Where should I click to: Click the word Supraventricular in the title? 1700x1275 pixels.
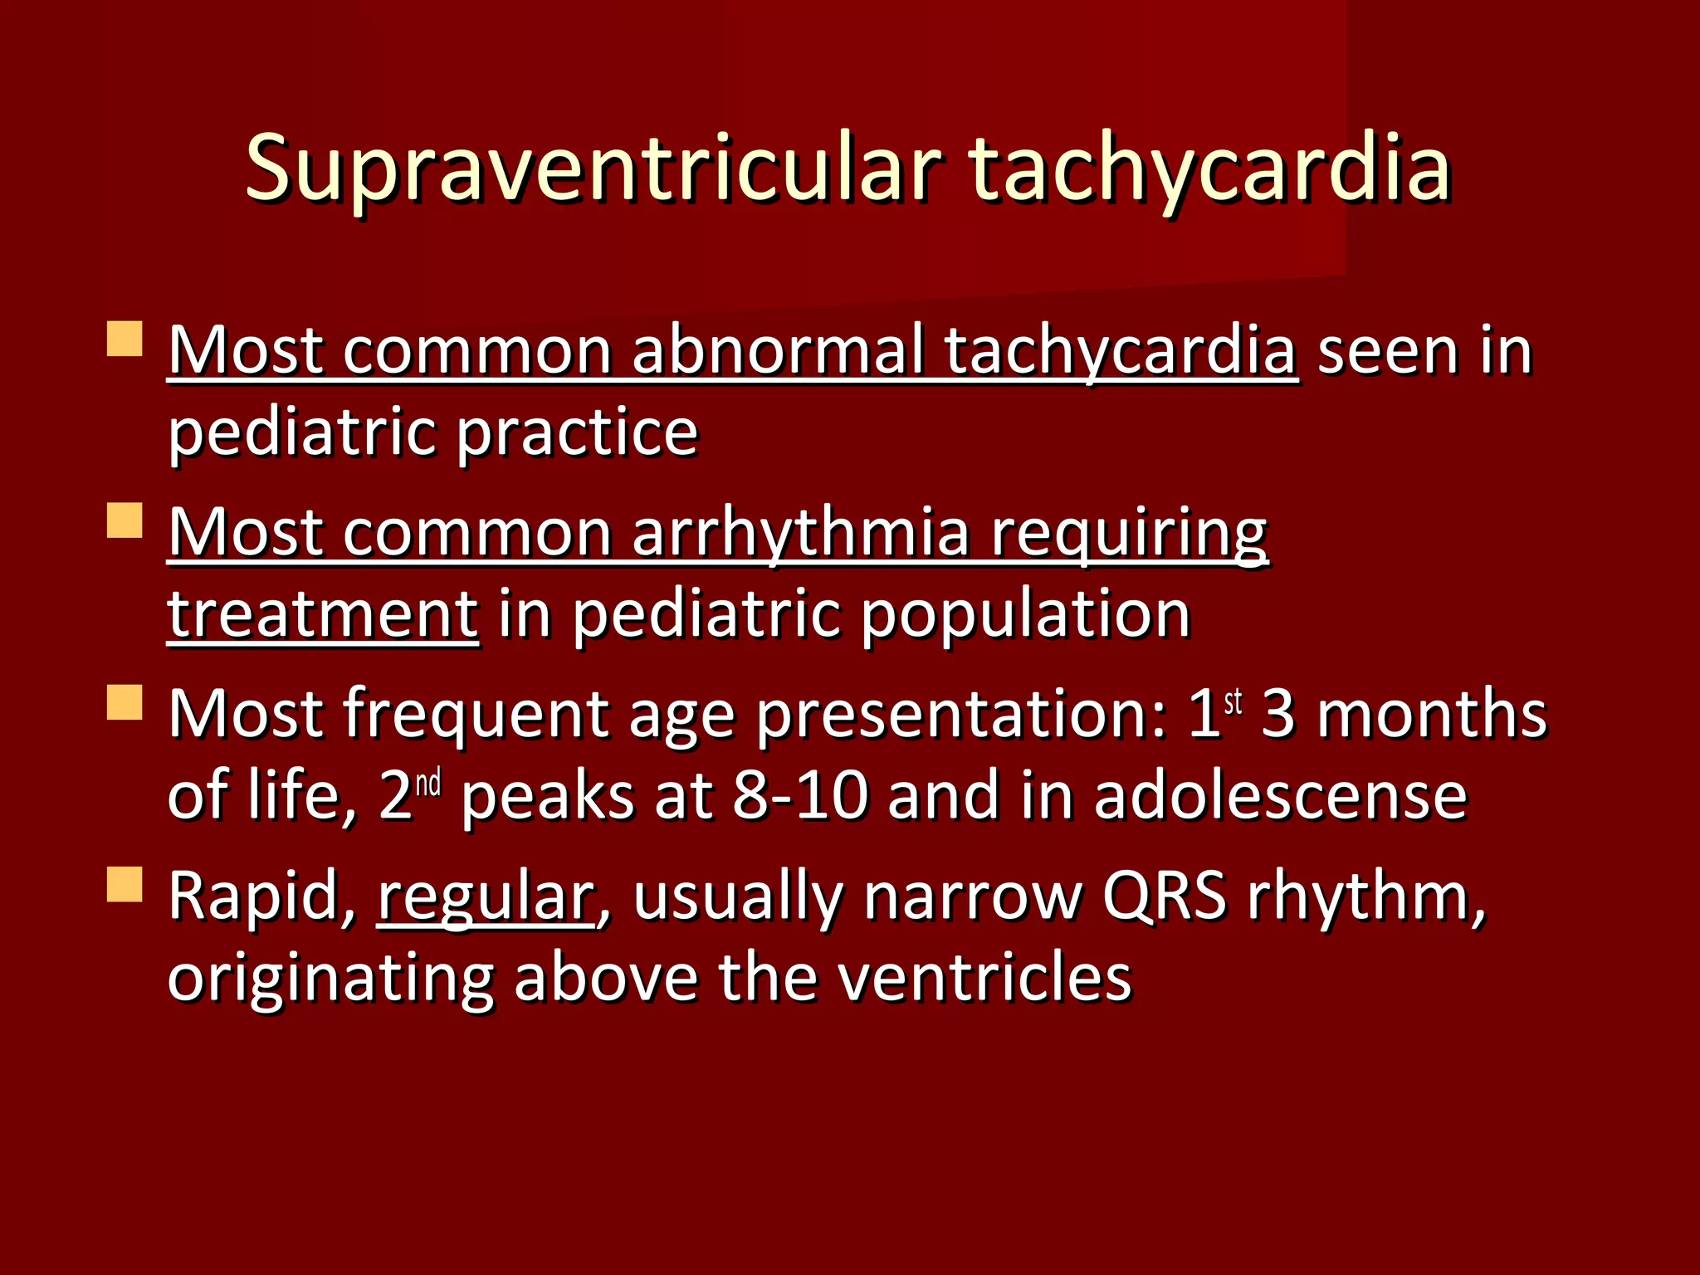coord(593,170)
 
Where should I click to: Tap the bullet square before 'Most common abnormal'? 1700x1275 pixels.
coord(125,340)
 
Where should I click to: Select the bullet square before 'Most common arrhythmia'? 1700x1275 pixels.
coord(125,520)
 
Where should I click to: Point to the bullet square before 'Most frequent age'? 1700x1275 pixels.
coord(125,702)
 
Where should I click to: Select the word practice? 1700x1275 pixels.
coord(578,434)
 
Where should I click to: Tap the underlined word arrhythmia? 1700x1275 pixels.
coord(801,533)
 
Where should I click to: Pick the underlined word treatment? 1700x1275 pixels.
coord(323,614)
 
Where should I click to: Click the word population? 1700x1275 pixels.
coord(1026,614)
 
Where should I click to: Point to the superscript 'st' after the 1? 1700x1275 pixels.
coord(1233,701)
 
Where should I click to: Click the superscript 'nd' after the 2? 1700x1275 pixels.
coord(428,784)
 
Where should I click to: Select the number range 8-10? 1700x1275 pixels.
coord(801,797)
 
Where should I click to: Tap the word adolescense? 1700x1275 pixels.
coord(1281,797)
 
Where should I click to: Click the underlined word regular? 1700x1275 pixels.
coord(486,897)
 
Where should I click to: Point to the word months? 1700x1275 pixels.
coord(1432,715)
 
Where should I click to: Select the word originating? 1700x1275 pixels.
coord(331,980)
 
